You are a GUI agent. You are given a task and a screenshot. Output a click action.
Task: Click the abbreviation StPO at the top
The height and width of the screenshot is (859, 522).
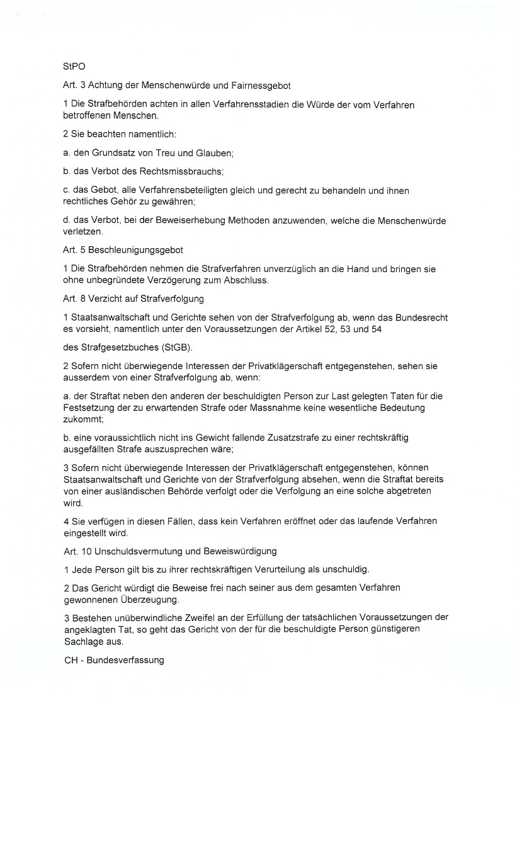pos(74,66)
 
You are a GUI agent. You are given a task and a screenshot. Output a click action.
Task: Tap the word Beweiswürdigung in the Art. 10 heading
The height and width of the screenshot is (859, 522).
pos(241,551)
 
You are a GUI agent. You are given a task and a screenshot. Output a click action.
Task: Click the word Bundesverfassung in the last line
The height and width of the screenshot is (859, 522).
pos(125,660)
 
